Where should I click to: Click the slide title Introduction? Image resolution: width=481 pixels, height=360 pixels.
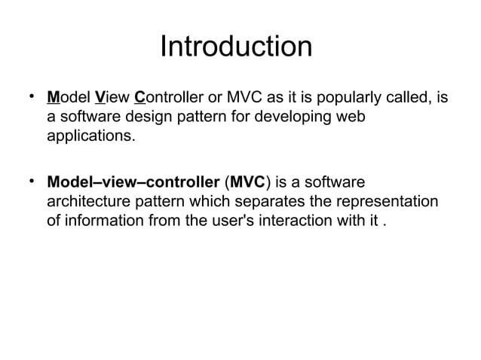236,47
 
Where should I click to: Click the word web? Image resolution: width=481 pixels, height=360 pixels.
359,119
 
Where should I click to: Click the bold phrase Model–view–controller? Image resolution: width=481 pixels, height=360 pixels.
133,184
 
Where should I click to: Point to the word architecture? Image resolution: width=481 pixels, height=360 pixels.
90,204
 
